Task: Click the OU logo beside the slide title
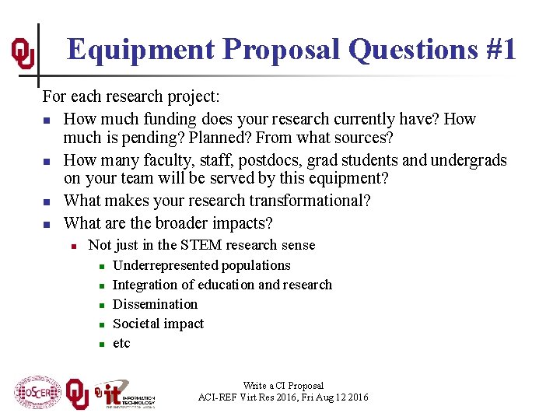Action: (23, 53)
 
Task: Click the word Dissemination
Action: (156, 304)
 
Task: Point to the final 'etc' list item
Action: (122, 343)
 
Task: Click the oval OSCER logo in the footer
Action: (37, 392)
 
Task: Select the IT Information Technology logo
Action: (124, 394)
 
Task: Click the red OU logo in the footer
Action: (76, 392)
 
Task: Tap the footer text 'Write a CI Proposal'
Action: (283, 385)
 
